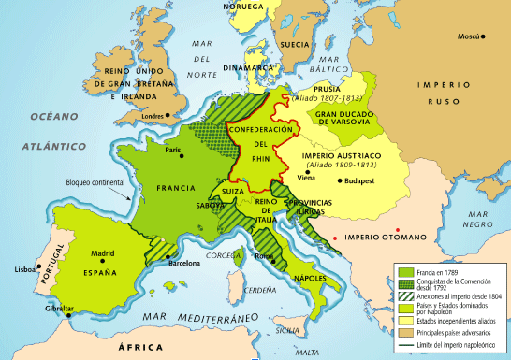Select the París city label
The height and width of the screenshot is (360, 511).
[x=172, y=150]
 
